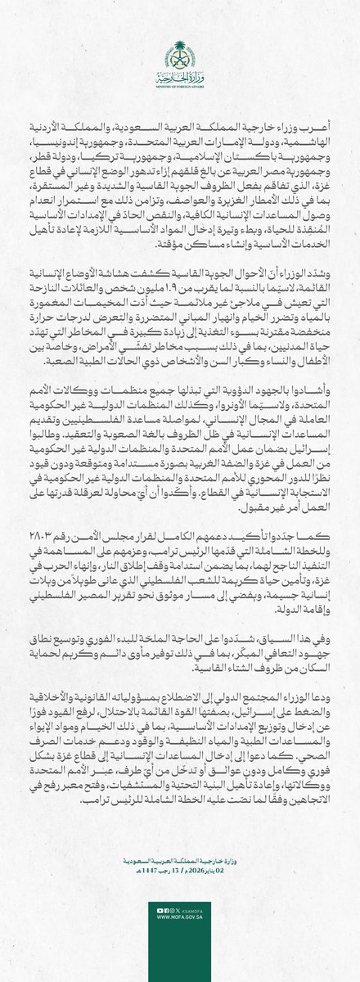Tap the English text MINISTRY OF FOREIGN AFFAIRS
[180, 82]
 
